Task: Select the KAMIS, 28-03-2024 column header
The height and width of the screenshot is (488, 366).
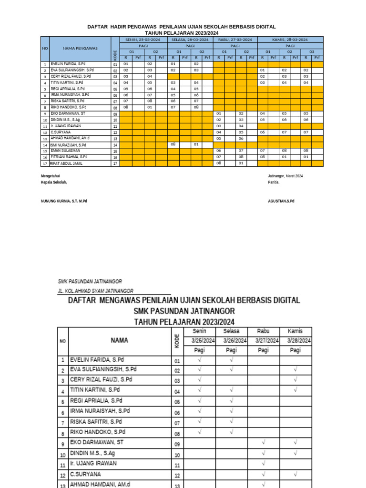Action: [290, 40]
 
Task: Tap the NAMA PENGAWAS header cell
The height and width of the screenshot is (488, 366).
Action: [80, 48]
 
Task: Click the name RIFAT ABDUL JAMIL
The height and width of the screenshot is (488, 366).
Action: [67, 163]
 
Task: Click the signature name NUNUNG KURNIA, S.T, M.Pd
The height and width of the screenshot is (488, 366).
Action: [64, 201]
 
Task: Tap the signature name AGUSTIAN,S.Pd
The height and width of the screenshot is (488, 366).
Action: [281, 201]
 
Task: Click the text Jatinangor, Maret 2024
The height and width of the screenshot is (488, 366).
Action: [285, 176]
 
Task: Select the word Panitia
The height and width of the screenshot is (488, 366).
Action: [274, 182]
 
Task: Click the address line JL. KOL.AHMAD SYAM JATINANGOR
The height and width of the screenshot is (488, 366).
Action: [96, 291]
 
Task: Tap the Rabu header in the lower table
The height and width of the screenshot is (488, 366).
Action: [263, 331]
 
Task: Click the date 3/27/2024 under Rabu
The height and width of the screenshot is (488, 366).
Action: [263, 341]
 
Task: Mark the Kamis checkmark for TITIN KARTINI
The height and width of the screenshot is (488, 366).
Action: [295, 390]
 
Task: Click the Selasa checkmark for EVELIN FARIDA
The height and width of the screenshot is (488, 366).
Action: [231, 359]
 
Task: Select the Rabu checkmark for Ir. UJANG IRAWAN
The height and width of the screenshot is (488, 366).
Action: [263, 463]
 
